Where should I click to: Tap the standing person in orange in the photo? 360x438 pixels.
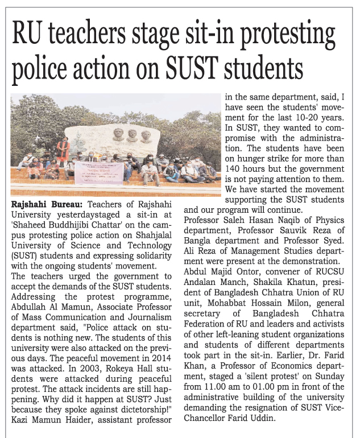point(63,150)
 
